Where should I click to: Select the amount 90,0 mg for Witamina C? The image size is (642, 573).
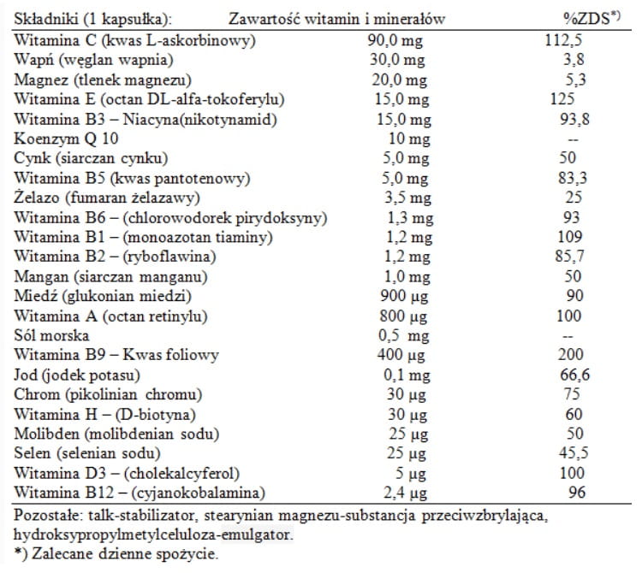click(395, 41)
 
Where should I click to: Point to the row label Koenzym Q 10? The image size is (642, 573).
click(62, 139)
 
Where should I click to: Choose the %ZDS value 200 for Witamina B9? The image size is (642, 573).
click(574, 354)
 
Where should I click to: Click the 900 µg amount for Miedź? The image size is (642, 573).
click(402, 296)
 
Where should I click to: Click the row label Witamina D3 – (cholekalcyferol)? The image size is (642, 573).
click(128, 472)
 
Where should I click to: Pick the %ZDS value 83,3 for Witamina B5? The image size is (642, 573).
click(573, 178)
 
